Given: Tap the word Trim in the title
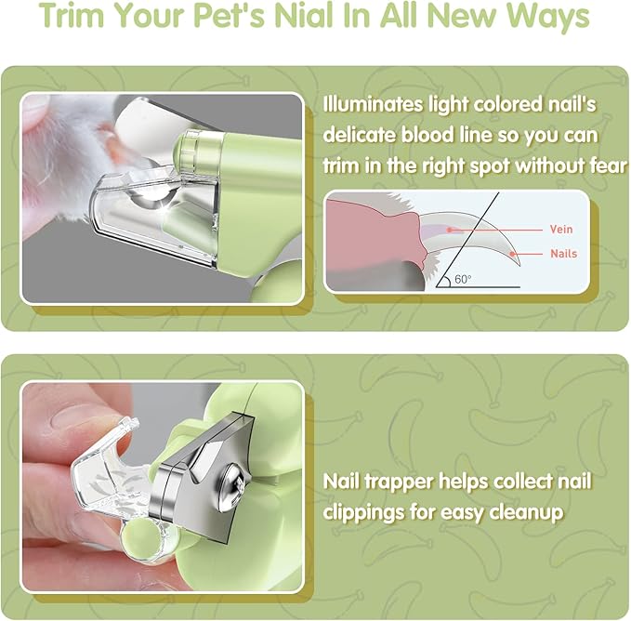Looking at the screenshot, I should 74,18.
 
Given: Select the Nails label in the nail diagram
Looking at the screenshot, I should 563,253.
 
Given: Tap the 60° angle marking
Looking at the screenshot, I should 464,278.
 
